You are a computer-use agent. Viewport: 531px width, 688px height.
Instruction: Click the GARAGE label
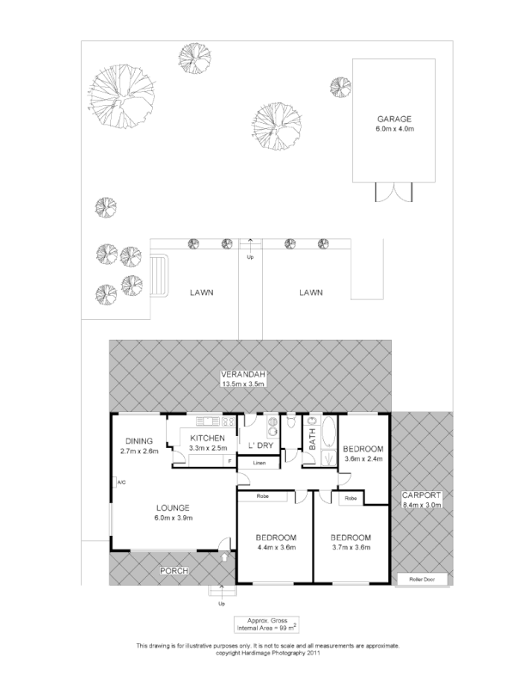point(394,119)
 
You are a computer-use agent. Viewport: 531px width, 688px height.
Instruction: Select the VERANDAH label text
point(241,374)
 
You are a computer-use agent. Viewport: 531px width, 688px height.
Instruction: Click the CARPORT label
point(420,495)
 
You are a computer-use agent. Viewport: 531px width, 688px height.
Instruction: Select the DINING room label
point(137,440)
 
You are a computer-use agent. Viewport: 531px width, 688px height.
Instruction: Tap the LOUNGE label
point(173,507)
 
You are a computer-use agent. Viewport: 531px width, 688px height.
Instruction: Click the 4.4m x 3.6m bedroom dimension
point(276,547)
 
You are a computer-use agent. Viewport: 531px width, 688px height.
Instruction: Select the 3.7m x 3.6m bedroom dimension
point(351,547)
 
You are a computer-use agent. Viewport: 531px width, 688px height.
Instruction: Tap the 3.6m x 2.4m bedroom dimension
point(363,459)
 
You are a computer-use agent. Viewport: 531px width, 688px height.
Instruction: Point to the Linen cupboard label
point(259,464)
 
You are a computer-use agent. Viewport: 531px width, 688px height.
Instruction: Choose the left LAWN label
point(201,292)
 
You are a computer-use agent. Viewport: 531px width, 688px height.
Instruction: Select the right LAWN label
point(310,292)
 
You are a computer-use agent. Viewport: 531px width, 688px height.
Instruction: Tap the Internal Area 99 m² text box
point(265,625)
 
